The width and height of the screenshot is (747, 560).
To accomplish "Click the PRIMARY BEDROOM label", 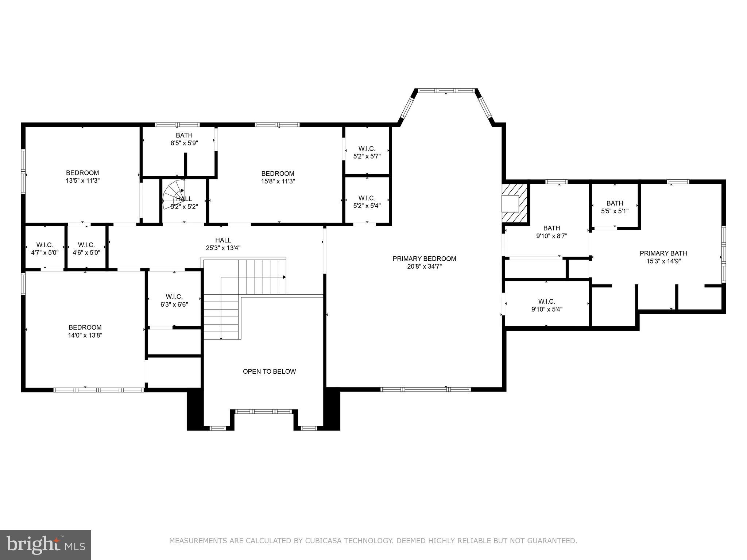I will coord(424,258).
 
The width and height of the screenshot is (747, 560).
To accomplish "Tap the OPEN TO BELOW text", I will coord(269,371).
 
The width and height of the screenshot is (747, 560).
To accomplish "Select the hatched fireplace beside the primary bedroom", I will coord(515,203).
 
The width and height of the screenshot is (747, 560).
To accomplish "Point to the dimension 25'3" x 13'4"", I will coord(223,248).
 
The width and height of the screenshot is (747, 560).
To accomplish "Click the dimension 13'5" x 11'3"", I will coord(82,180).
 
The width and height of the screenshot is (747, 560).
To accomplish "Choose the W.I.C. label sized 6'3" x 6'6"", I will coord(174,297).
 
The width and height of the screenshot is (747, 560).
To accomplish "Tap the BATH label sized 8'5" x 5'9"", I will coord(184,135).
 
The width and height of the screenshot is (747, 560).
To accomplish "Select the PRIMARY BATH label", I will coord(663,253).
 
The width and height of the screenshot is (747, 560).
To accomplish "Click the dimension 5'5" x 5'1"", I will coord(615,211).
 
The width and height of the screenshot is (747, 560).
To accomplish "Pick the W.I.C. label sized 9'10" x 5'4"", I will coord(546,302).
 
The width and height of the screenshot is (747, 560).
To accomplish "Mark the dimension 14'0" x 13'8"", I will coord(85,335).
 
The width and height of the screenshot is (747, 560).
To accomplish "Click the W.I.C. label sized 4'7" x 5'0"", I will coord(44,245).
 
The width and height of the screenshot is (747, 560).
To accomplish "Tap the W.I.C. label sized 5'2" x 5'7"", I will coord(367,148).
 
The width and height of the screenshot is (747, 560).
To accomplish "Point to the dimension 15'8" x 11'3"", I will coord(278,181).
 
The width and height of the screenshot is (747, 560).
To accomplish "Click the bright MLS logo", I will coord(46,545).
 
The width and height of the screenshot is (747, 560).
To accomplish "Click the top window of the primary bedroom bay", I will coord(446,90).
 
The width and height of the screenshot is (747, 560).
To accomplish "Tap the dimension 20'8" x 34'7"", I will coord(424,267).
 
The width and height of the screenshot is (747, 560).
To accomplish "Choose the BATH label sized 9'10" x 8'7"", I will coord(551,228).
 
